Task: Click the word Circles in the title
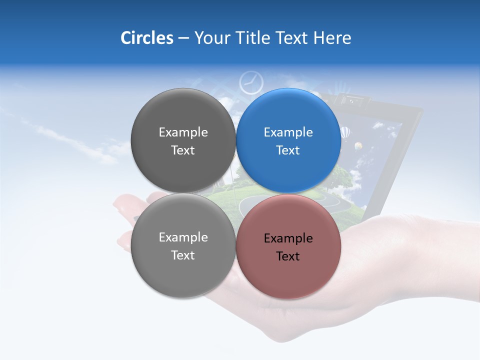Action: [146, 38]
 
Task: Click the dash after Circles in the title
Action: [183, 38]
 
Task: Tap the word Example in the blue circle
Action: [288, 132]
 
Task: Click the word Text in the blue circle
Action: [288, 150]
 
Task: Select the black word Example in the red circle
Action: [288, 238]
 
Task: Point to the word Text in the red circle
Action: [288, 256]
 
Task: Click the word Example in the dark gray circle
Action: [183, 132]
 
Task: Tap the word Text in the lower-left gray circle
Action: [183, 255]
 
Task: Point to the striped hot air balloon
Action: [345, 132]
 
